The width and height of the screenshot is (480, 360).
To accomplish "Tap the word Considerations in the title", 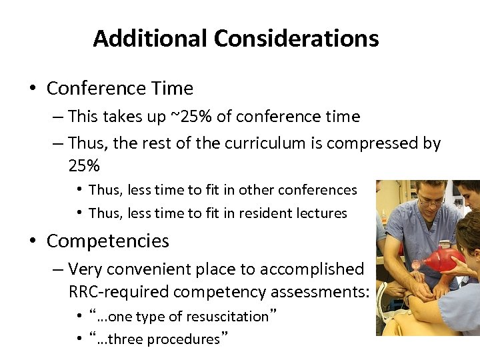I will pyautogui.click(x=297, y=38).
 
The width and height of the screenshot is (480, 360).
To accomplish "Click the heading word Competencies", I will pyautogui.click(x=107, y=241).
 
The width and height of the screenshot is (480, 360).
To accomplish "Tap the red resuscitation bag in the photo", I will pyautogui.click(x=444, y=259).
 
